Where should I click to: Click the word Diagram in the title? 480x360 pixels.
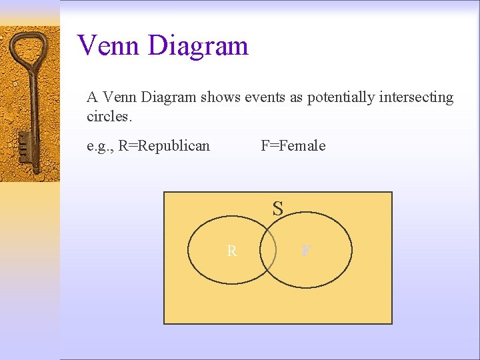click(x=198, y=45)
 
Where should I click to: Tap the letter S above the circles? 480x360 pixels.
click(x=277, y=209)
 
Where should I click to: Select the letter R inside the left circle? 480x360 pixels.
click(x=231, y=251)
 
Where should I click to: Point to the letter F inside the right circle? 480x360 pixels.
click(x=305, y=251)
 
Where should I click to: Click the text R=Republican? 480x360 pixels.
click(x=163, y=145)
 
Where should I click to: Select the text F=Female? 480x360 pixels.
click(x=293, y=145)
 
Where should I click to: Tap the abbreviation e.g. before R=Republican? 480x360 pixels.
click(x=100, y=146)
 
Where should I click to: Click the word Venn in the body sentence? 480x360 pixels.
click(x=118, y=97)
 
